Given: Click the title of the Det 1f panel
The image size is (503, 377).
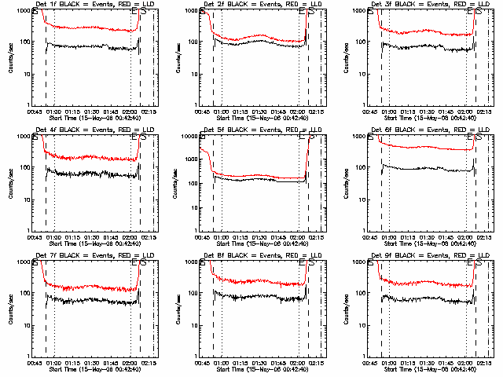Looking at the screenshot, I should click(x=86, y=4).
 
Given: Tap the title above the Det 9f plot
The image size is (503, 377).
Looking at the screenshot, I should click(x=420, y=255).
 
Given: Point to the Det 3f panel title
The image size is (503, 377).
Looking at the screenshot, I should click(x=420, y=4).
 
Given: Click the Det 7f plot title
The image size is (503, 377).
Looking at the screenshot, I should click(x=86, y=255).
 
